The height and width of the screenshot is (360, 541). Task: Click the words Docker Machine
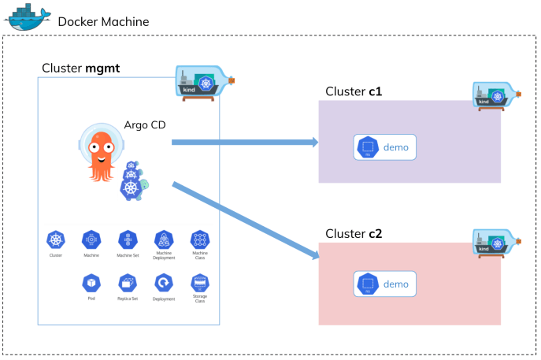point(102,20)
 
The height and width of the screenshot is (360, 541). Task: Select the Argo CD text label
point(145,125)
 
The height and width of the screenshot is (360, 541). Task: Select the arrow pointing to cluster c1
point(244,143)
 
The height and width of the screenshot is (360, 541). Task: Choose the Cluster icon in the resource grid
point(55,239)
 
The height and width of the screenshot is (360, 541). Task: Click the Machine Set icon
point(128,239)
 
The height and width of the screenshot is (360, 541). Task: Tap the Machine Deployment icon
point(164,239)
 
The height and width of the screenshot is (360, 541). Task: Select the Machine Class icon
point(200,239)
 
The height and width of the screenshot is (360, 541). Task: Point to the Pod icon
point(91,282)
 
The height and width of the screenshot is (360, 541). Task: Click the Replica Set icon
point(128,282)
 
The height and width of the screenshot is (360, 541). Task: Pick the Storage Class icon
point(200,282)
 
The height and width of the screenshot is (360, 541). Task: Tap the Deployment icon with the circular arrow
point(164,282)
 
